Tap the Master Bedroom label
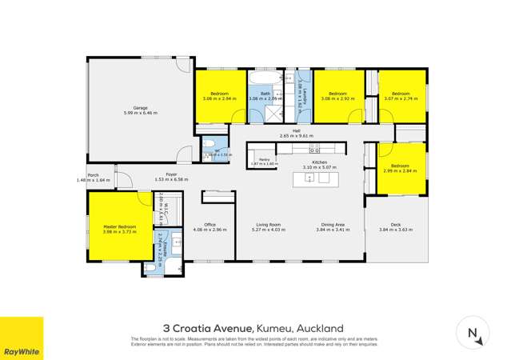[x=120, y=226]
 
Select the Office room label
[x=210, y=224]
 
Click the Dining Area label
[x=333, y=224]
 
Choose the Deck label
[x=395, y=224]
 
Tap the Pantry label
[x=262, y=159]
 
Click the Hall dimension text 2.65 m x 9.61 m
[x=296, y=136]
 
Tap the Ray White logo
[x=22, y=338]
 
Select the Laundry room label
[x=298, y=94]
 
